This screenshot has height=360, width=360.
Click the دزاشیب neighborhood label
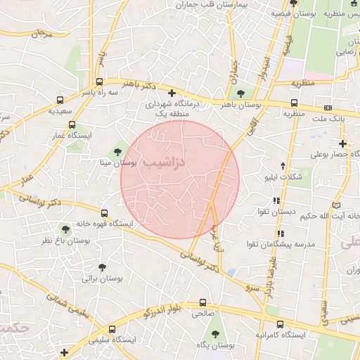(x=163, y=162)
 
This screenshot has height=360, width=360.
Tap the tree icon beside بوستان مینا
(x=117, y=151)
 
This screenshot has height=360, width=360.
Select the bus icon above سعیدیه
(x=60, y=100)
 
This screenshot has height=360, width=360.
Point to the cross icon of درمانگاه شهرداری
(x=172, y=93)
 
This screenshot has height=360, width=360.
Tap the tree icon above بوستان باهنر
(x=241, y=93)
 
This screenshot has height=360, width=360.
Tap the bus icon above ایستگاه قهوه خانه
(x=105, y=212)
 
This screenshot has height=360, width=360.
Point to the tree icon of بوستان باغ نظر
(x=66, y=229)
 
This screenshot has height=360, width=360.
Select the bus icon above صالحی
(x=203, y=302)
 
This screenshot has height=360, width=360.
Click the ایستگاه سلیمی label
(x=112, y=340)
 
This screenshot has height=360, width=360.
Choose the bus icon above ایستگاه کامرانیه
(x=281, y=324)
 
